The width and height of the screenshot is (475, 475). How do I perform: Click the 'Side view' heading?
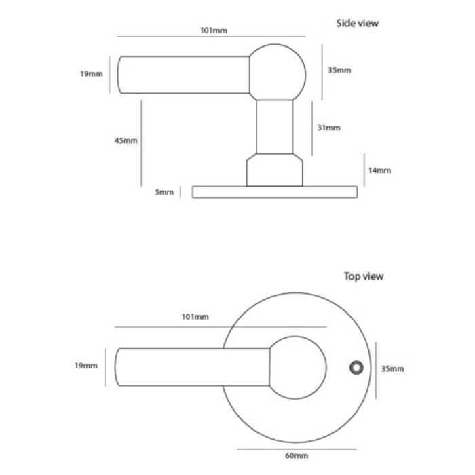pyautogui.click(x=358, y=24)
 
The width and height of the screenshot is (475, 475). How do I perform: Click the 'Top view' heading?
pyautogui.click(x=363, y=276)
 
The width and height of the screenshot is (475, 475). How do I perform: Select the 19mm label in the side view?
pyautogui.click(x=91, y=73)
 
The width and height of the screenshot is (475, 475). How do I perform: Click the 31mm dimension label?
pyautogui.click(x=329, y=128)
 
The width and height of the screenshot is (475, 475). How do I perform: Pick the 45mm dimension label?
pyautogui.click(x=126, y=141)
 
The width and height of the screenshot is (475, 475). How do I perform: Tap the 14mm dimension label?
pyautogui.click(x=379, y=170)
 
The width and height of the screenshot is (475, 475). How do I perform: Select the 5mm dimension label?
pyautogui.click(x=164, y=193)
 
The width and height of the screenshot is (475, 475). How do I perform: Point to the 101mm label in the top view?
pyautogui.click(x=196, y=317)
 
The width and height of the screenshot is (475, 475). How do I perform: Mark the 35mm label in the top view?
pyautogui.click(x=393, y=368)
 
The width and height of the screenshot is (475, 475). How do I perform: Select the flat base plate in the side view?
pyautogui.click(x=274, y=192)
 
